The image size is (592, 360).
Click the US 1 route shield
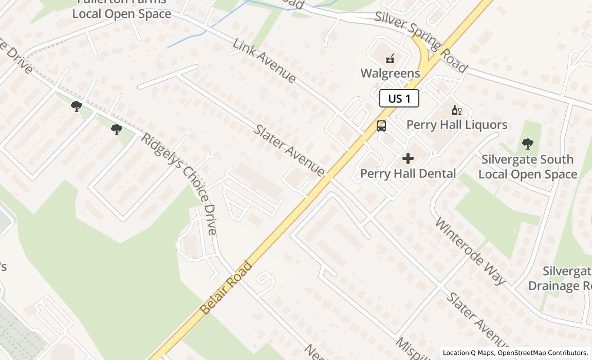[399, 98]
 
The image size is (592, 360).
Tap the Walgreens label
[390, 73]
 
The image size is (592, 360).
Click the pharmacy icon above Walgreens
[391, 58]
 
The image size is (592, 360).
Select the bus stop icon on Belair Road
[381, 125]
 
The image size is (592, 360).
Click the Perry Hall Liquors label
[457, 124]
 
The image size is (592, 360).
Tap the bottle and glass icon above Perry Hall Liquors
[456, 110]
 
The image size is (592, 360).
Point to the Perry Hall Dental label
[408, 173]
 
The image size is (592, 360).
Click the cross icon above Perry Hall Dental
[408, 158]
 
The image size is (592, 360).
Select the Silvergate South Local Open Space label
[528, 167]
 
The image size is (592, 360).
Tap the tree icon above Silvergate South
[527, 144]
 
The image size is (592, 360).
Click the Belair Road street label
[226, 287]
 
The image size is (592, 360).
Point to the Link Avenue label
[265, 61]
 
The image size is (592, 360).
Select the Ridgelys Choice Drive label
[180, 183]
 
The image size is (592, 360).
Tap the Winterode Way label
[470, 251]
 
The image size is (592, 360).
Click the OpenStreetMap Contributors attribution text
[543, 353]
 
